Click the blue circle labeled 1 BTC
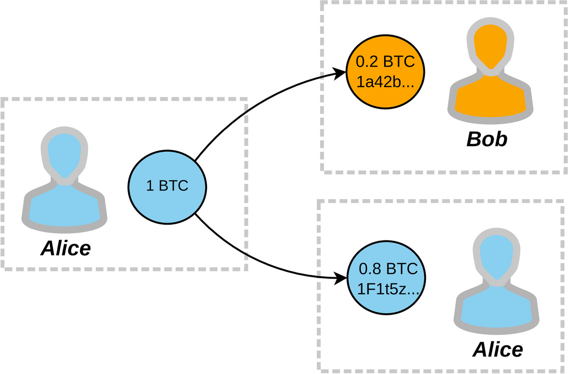[167, 186]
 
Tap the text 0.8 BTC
[385, 268]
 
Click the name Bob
[487, 140]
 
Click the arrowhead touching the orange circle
[341, 74]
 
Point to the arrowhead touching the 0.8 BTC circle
[341, 279]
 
